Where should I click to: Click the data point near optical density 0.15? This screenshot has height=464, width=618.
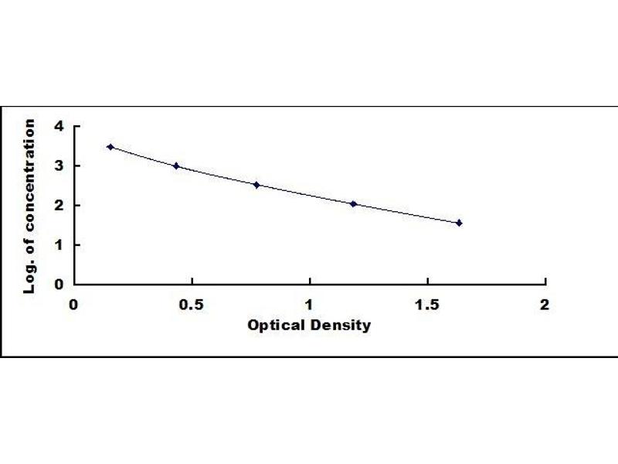click(110, 147)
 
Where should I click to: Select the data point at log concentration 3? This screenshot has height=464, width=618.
click(176, 165)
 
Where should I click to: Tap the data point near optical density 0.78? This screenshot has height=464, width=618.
click(256, 185)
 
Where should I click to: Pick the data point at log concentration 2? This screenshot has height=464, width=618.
click(354, 204)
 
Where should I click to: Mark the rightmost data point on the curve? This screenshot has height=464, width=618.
click(459, 223)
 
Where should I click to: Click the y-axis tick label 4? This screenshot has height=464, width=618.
click(57, 126)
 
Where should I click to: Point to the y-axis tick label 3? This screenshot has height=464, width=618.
click(57, 165)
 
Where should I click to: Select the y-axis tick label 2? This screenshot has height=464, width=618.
click(57, 205)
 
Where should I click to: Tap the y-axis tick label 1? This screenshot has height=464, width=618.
click(57, 244)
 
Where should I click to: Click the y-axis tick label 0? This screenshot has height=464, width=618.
click(57, 284)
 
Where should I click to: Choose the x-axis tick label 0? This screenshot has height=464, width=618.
click(74, 304)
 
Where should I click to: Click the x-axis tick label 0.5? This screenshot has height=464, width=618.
click(192, 304)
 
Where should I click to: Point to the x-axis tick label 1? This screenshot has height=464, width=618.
click(310, 304)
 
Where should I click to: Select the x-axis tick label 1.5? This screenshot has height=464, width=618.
click(427, 304)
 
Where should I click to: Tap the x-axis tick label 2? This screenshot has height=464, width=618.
click(545, 304)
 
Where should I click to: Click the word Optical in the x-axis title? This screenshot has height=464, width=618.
click(273, 326)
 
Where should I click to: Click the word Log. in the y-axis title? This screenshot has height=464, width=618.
click(30, 278)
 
